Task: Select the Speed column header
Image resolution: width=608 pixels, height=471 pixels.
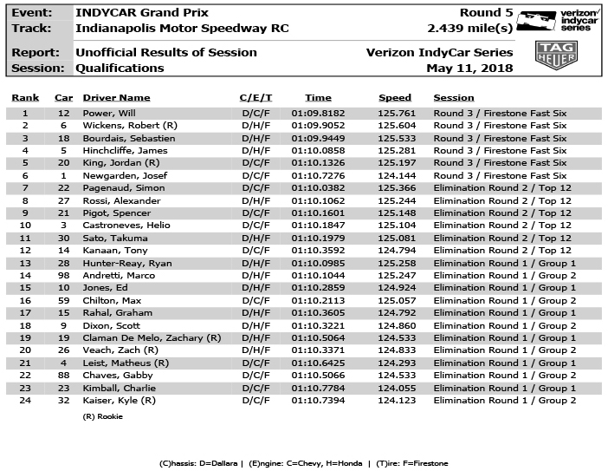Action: click(x=395, y=98)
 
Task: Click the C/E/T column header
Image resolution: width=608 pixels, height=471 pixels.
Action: click(x=256, y=98)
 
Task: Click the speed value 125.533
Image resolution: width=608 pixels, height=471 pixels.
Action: click(x=395, y=139)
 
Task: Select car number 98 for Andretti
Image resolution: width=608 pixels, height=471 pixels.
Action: click(x=63, y=276)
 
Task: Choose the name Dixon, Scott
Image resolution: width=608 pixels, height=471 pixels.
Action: click(x=107, y=326)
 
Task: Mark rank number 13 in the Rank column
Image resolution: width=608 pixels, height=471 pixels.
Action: click(x=25, y=264)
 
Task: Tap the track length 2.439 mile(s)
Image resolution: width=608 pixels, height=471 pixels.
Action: click(x=470, y=29)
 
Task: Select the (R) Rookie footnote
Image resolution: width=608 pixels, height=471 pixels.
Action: click(x=102, y=416)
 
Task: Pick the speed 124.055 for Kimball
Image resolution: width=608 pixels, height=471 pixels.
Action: click(x=395, y=389)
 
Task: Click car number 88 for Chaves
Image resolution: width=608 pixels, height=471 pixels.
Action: click(x=63, y=376)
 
